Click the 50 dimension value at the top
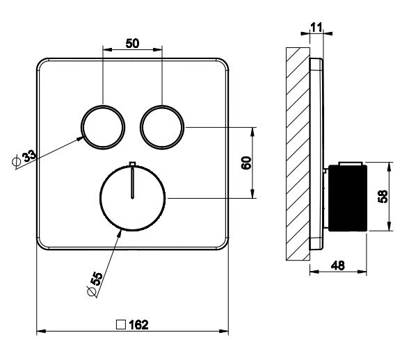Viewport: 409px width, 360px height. [132, 43]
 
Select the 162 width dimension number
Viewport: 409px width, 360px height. [139, 325]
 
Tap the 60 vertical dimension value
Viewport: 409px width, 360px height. [246, 163]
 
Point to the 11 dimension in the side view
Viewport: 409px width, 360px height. [316, 27]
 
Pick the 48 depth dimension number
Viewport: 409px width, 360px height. [338, 265]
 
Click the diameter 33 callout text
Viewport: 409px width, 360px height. [24, 158]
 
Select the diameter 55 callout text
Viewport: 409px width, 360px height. [95, 284]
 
